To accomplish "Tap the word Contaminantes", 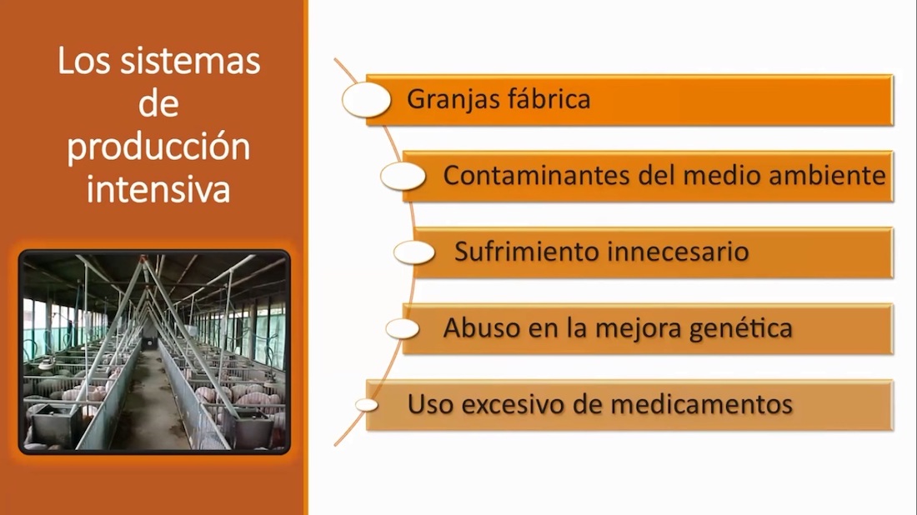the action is tap(536, 175).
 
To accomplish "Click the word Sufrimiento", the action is tap(527, 252).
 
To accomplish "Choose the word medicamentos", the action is tap(691, 404).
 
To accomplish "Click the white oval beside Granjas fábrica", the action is tap(367, 100).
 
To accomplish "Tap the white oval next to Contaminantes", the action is tap(403, 176).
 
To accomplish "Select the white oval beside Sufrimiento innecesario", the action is tap(414, 252).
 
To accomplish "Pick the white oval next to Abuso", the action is tap(403, 328).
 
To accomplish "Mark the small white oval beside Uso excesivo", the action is tap(367, 404).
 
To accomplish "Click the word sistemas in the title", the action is tap(190, 61).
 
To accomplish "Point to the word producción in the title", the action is tap(158, 147).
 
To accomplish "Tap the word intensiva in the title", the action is tap(158, 189).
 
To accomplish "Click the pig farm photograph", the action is tap(154, 352).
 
